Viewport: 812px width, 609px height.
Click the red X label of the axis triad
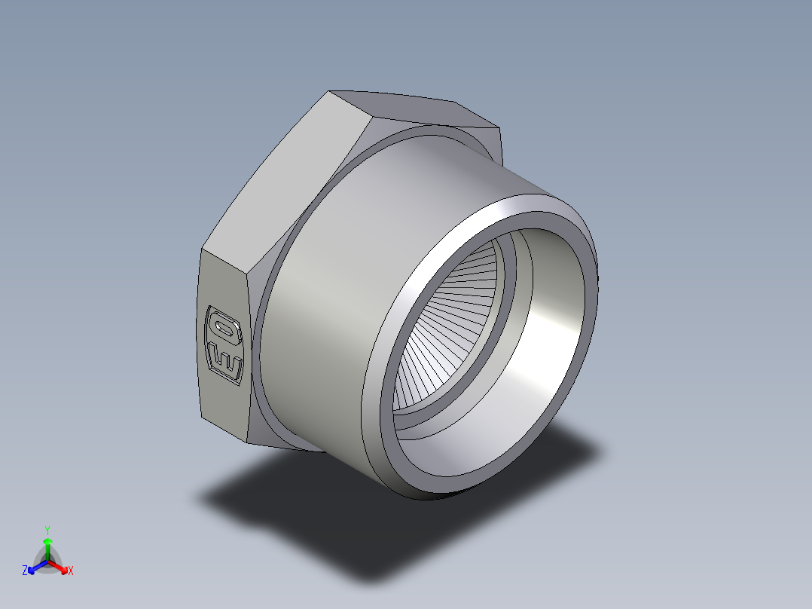(x=70, y=571)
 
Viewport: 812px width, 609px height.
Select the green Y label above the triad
(x=47, y=529)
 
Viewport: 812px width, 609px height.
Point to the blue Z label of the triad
(x=25, y=571)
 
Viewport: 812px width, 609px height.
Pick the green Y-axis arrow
(x=47, y=546)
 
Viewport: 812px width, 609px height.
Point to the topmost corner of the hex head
(x=329, y=93)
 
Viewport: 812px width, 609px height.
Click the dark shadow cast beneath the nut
(x=316, y=513)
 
